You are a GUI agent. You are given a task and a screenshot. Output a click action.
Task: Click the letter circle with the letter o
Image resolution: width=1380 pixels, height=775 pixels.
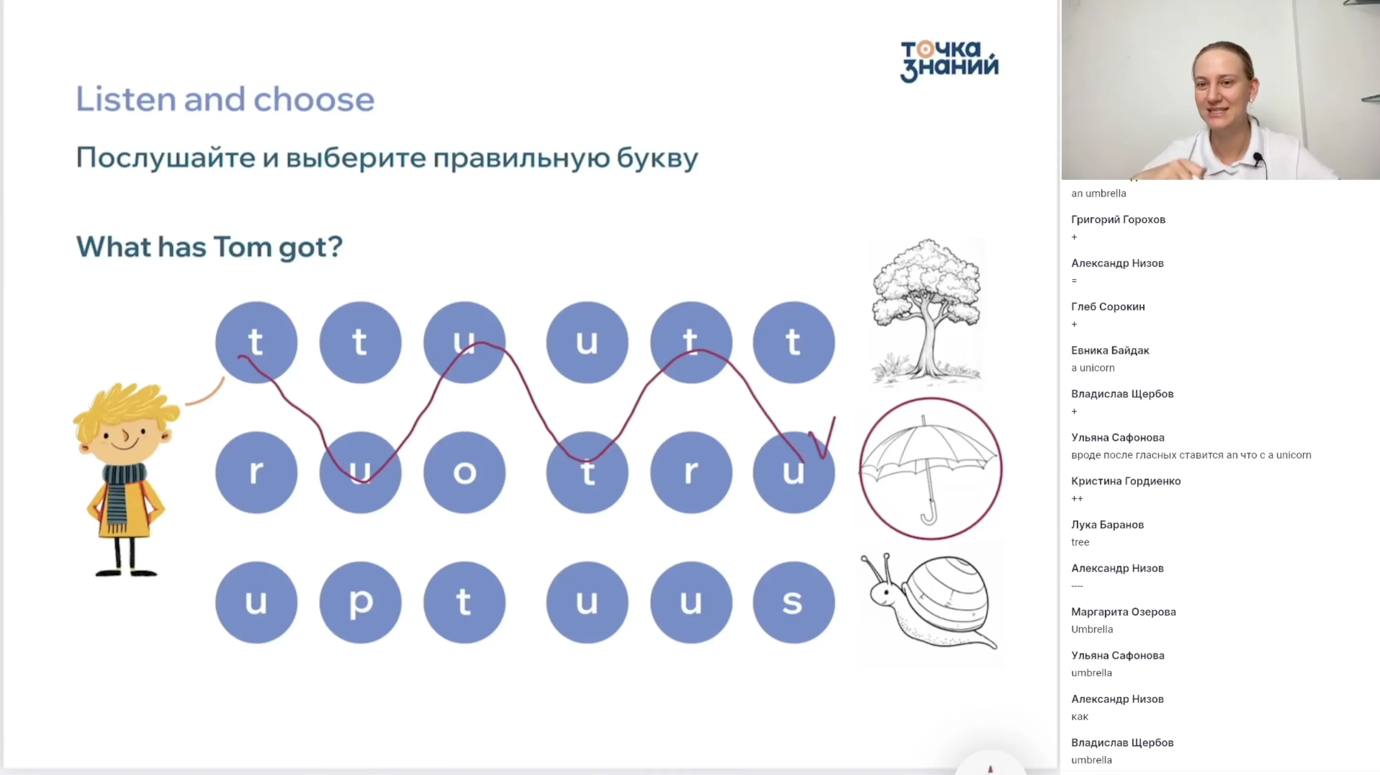[464, 472]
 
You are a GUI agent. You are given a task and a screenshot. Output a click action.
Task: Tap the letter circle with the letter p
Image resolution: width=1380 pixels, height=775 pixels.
[360, 602]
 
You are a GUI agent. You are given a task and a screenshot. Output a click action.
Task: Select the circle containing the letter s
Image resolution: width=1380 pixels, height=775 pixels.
[793, 602]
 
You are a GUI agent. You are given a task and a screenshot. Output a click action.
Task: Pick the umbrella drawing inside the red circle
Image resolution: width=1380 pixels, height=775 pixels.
[930, 467]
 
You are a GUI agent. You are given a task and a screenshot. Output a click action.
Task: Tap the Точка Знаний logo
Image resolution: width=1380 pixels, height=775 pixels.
[949, 61]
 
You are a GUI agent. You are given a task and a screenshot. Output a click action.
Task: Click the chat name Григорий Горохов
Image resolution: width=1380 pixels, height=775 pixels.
[1118, 219]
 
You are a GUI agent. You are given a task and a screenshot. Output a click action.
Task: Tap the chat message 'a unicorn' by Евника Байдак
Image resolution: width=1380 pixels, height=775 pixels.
[1092, 368]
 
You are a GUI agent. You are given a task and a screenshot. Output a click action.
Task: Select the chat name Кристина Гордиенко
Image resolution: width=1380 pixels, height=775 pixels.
[1126, 481]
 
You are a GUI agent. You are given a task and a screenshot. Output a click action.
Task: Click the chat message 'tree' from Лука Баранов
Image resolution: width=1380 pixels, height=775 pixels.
[1080, 542]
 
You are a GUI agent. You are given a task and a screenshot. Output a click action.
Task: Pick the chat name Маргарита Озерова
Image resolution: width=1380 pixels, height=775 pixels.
[1124, 612]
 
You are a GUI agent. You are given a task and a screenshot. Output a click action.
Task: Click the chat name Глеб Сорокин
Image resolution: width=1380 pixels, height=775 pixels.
[1108, 307]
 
